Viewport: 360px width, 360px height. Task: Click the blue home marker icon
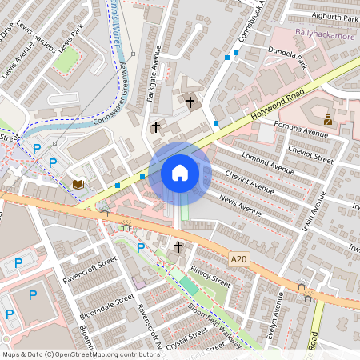[x=180, y=173]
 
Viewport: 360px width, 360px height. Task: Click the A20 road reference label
[x=238, y=258]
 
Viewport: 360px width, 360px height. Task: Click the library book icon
[x=78, y=185]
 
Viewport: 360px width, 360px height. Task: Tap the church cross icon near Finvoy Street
[x=178, y=246]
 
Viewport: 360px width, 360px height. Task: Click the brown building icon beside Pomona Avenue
[x=328, y=119]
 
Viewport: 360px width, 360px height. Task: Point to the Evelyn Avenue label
[x=274, y=316]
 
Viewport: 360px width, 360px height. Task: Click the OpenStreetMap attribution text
[x=81, y=354]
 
